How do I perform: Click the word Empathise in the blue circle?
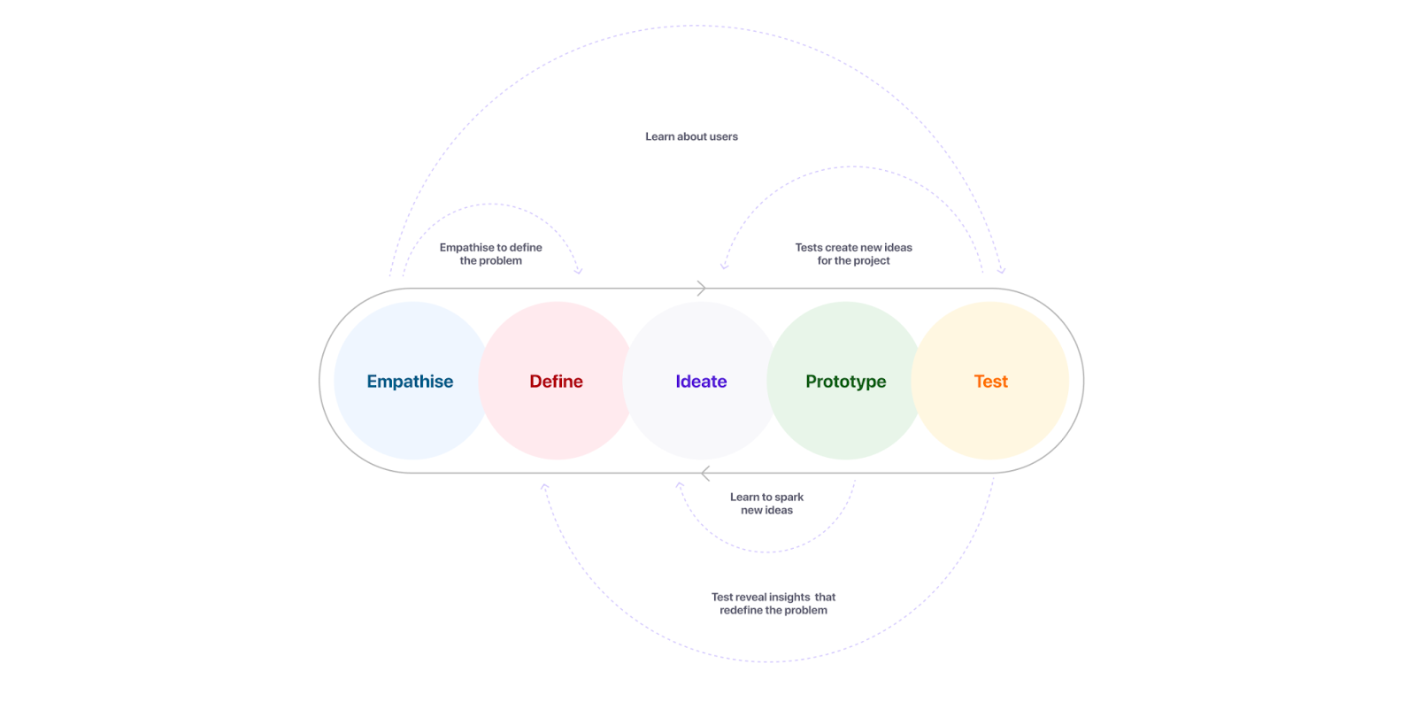410,382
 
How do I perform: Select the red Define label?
556,382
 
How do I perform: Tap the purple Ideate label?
701,382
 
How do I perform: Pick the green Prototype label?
845,382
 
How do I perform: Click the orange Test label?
990,382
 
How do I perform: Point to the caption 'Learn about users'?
691,136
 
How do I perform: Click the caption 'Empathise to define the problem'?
490,254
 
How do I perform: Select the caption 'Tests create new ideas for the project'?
853,254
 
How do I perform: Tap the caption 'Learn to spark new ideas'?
766,504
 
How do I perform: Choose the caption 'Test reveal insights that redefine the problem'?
773,604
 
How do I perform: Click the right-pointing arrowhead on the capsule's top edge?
701,289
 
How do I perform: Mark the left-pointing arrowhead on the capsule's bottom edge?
705,474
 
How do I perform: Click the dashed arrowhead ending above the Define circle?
579,271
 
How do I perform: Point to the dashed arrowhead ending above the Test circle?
1001,270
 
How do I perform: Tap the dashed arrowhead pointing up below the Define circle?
544,487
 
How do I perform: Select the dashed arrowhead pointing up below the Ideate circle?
680,485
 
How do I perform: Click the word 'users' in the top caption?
723,136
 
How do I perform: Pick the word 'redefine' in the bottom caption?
741,610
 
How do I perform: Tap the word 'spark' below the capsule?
789,498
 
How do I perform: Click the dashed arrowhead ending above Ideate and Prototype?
725,265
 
